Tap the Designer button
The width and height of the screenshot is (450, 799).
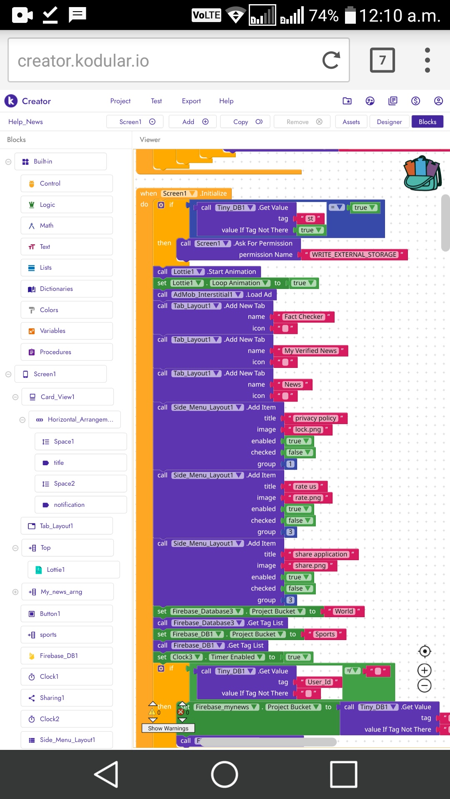tap(389, 122)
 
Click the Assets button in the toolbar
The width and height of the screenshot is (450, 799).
tap(351, 122)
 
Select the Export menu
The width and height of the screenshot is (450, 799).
tap(191, 101)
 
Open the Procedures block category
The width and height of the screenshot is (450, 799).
tap(67, 352)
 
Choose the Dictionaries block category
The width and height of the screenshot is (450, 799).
tap(67, 289)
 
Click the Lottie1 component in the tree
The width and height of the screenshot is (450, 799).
tap(74, 570)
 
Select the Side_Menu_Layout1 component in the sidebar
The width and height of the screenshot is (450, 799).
tap(67, 740)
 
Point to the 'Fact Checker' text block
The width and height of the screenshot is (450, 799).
tap(303, 317)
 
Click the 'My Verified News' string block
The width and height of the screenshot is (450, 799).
tap(310, 351)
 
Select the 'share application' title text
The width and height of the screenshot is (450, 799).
tap(321, 554)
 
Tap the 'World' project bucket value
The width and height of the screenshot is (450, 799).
tap(344, 611)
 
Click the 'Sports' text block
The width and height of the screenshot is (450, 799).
tap(325, 634)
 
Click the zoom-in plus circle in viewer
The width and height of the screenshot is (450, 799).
tap(425, 670)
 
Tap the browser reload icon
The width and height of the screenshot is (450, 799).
tap(331, 60)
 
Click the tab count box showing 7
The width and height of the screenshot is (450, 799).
tap(382, 60)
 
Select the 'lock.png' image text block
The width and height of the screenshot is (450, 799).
tap(308, 429)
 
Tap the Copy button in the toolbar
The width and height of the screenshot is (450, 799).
tap(245, 122)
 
